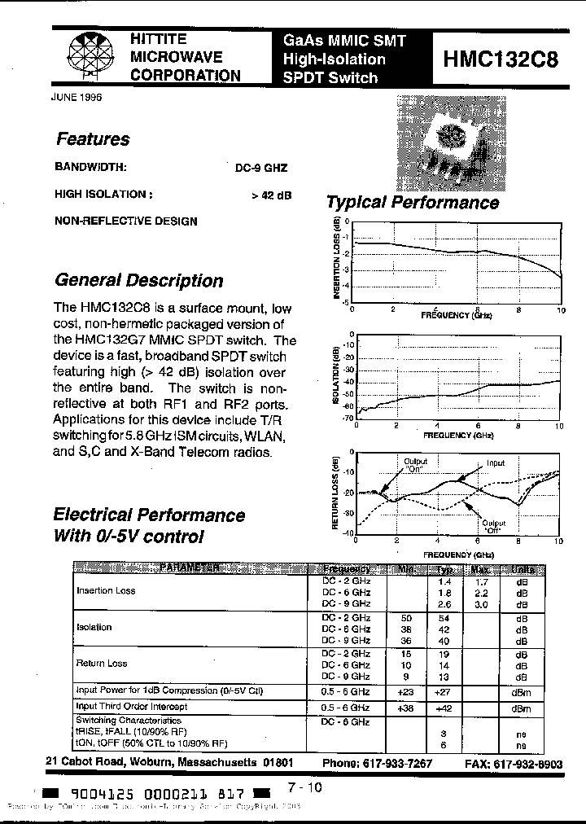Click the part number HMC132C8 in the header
501,59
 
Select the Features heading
93,139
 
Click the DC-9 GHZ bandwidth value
260,169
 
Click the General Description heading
138,281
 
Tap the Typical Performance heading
412,203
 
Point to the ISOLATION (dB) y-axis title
335,375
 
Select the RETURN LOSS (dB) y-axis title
335,493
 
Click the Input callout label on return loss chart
496,463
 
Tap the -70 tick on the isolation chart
348,419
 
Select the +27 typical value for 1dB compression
444,691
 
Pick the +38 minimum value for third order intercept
407,708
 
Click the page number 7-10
304,787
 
